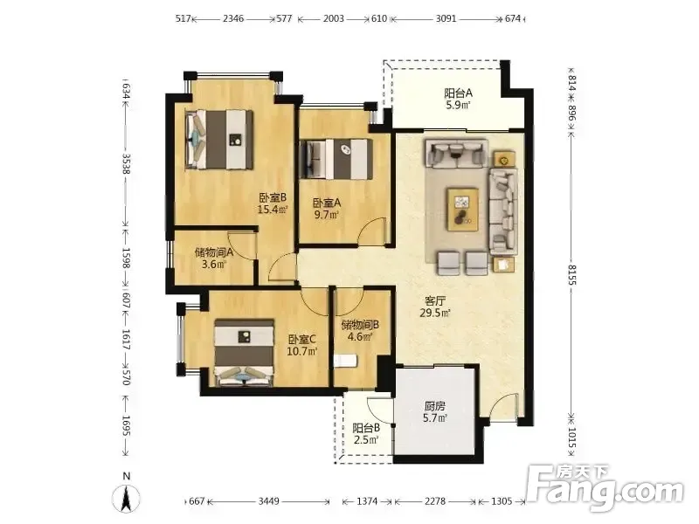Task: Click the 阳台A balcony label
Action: coord(458,93)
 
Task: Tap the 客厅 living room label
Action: coord(435,300)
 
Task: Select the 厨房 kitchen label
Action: coord(434,406)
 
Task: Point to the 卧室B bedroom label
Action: coord(273,197)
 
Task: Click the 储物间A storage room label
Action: coord(214,252)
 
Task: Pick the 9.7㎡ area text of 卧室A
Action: coord(326,215)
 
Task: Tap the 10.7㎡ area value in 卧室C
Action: coord(302,351)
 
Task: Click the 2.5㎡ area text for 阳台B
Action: coord(366,440)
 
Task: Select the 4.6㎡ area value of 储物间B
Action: coord(360,337)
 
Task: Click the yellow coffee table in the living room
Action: coord(463,209)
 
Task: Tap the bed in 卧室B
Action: coord(219,140)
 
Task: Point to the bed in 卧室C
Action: coord(244,353)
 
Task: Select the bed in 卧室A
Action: coord(336,160)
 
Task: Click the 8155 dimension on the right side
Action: coord(572,275)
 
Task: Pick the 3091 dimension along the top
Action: coord(446,18)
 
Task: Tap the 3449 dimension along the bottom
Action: coord(269,501)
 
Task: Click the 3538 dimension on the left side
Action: coord(126,164)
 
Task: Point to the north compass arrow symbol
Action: coord(126,497)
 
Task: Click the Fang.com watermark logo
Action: coord(606,488)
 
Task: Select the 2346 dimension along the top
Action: coord(233,18)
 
